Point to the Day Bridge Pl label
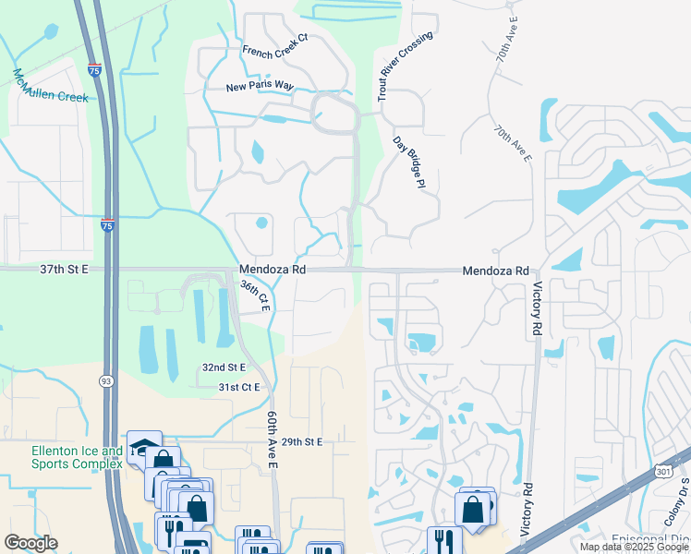pyautogui.click(x=407, y=162)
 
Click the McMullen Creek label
pyautogui.click(x=50, y=84)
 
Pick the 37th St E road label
pyautogui.click(x=64, y=270)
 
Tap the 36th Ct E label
pyautogui.click(x=254, y=295)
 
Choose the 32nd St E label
pyautogui.click(x=224, y=367)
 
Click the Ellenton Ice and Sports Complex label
pyautogui.click(x=77, y=457)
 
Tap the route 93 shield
pyautogui.click(x=104, y=381)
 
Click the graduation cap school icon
pyautogui.click(x=142, y=446)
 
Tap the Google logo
pyautogui.click(x=30, y=543)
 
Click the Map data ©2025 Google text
pyautogui.click(x=633, y=547)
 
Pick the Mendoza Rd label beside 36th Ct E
pyautogui.click(x=272, y=270)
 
